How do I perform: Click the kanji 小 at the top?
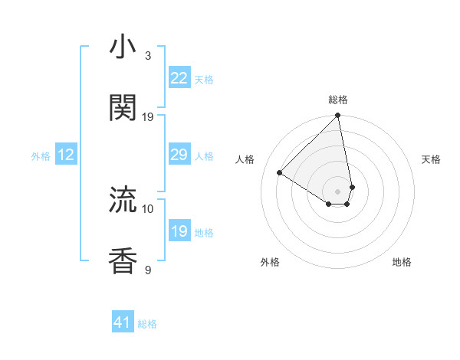tap(123, 47)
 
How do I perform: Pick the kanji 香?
tap(123, 260)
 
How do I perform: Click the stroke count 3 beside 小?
tap(148, 55)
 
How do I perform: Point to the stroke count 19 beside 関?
tap(148, 116)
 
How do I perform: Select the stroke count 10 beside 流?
tap(148, 208)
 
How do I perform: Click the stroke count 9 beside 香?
tap(148, 270)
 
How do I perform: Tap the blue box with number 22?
tap(179, 78)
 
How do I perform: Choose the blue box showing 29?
tap(179, 155)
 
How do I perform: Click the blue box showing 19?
tap(179, 231)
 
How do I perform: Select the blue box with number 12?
tap(66, 155)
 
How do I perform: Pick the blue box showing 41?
tap(123, 323)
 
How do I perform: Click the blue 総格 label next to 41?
tap(147, 324)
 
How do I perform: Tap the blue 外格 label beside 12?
tap(41, 155)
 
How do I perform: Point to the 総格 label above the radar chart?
tap(338, 100)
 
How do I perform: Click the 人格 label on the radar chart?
tap(245, 159)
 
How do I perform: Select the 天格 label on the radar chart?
tap(431, 159)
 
